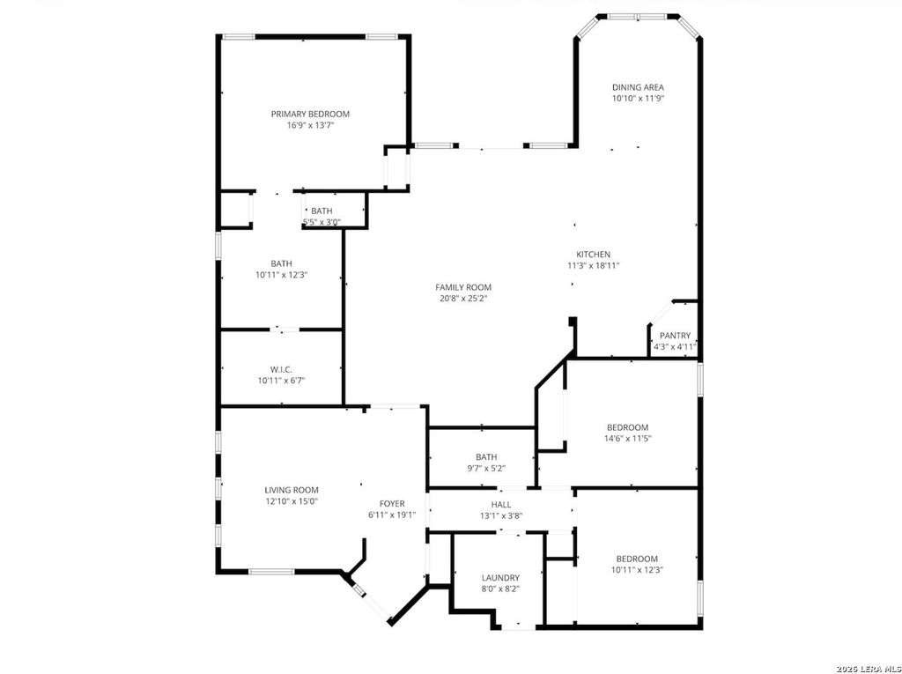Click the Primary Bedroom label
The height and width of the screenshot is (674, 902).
pos(310,114)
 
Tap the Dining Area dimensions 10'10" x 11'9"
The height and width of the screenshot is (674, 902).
pos(638,99)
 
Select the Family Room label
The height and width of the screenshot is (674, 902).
pos(463,287)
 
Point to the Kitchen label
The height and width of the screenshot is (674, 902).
pos(593,255)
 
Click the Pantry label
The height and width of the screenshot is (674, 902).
pos(675,336)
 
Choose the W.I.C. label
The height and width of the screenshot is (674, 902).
pos(281,369)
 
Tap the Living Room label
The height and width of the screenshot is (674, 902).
pos(291,491)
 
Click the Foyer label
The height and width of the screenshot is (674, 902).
pos(392,504)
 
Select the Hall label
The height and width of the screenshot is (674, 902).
pos(501,504)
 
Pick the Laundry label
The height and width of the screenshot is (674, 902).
pos(500,578)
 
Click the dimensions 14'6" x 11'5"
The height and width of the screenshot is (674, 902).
pos(627,439)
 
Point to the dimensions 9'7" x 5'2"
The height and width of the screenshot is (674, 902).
pos(486,469)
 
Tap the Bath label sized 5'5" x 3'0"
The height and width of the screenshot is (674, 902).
pos(322,211)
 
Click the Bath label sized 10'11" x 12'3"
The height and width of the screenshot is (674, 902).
pos(281,263)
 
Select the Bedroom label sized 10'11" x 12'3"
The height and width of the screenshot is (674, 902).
pos(637,559)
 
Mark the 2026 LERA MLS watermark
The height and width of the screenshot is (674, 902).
pos(869,669)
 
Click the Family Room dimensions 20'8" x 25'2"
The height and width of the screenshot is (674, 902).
pos(463,298)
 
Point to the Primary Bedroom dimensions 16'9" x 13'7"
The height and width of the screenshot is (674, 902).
pos(311,125)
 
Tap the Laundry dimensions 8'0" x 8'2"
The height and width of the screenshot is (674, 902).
pos(500,589)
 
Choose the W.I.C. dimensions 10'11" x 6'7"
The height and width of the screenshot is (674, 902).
pos(281,381)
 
